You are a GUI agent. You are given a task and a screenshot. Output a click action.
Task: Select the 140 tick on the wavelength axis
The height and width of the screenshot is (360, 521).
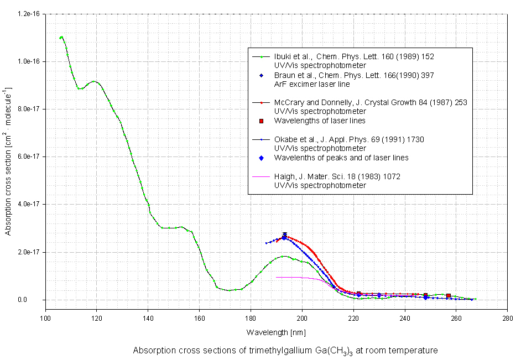point(148,319)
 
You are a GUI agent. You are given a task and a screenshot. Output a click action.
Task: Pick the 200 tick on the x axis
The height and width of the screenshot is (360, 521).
point(302,319)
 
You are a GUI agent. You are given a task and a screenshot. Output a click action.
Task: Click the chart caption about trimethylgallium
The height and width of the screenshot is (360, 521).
point(285,351)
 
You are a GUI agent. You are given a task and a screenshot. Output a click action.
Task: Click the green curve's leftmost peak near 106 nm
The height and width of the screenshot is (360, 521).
point(61,37)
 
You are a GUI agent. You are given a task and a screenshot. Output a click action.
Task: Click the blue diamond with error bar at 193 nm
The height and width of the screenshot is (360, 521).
point(284,237)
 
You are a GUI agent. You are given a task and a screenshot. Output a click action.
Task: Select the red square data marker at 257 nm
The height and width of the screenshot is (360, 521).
point(449,296)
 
